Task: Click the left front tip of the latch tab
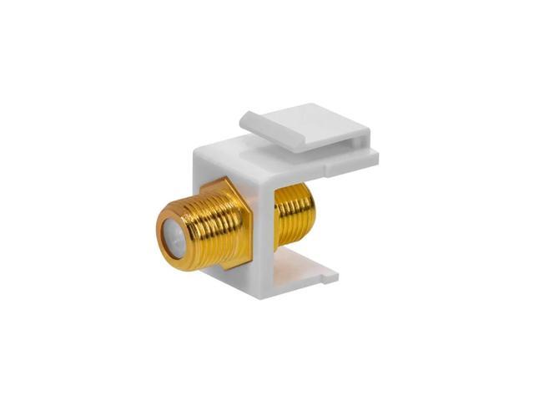pyautogui.click(x=244, y=124)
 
